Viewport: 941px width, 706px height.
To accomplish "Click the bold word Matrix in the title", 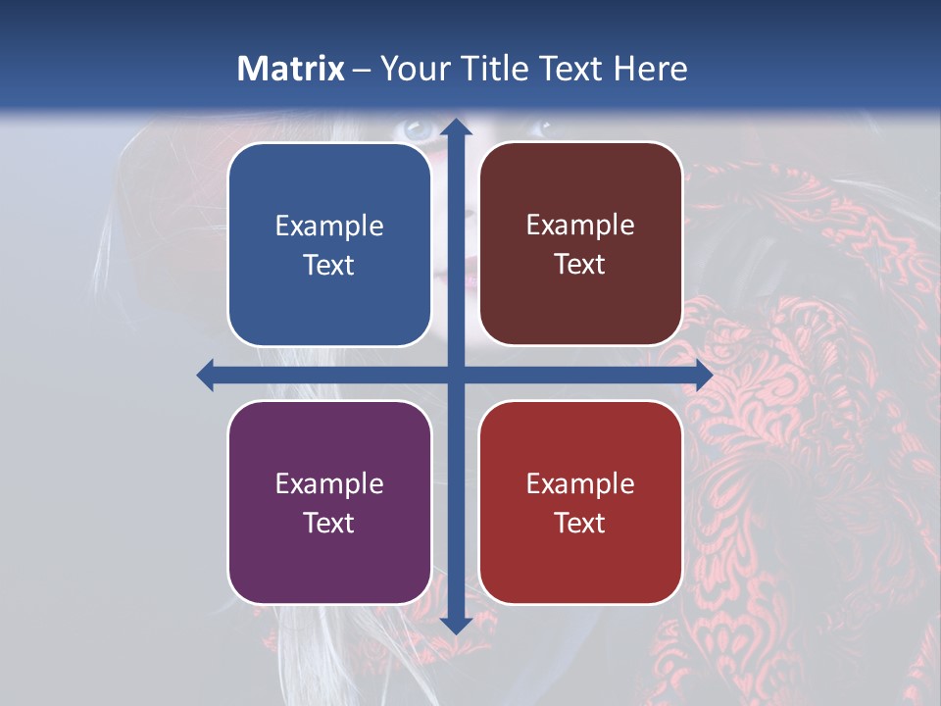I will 291,69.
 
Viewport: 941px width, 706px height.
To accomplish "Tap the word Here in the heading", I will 650,69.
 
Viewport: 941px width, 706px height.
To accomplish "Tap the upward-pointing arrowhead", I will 455,127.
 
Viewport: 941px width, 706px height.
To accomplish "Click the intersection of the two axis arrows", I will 455,375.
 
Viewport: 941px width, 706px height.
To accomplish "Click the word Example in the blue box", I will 329,227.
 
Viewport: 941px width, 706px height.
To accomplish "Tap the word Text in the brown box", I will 580,265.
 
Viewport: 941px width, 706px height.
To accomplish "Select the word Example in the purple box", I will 329,484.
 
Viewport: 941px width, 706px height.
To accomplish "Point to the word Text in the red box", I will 580,523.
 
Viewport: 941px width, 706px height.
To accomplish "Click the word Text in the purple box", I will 329,523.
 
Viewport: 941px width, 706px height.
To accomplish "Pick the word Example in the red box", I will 580,484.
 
